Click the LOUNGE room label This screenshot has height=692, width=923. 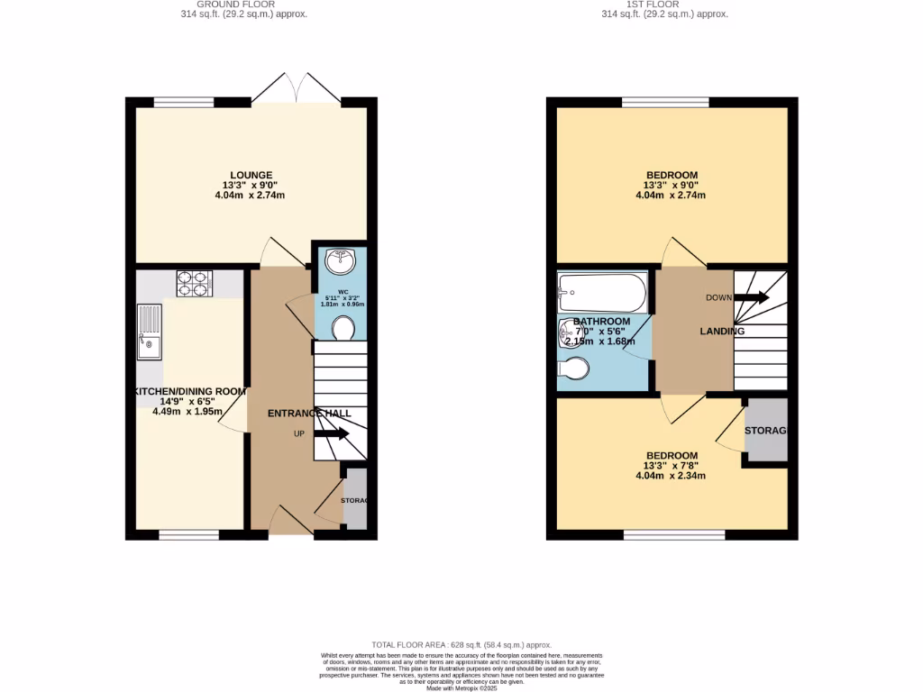pyautogui.click(x=251, y=175)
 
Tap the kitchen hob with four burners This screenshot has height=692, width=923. pyautogui.click(x=192, y=284)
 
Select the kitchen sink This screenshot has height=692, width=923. pyautogui.click(x=149, y=331)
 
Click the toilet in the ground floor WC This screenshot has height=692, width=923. pyautogui.click(x=343, y=329)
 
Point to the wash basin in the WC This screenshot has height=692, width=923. pyautogui.click(x=342, y=261)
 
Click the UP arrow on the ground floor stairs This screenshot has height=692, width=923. pyautogui.click(x=331, y=434)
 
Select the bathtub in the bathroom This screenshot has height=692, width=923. pyautogui.click(x=602, y=291)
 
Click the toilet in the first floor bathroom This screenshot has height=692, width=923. pyautogui.click(x=574, y=369)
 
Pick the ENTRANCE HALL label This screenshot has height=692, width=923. pyautogui.click(x=309, y=413)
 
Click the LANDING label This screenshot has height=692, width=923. pyautogui.click(x=722, y=332)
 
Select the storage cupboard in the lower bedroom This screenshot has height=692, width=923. pyautogui.click(x=765, y=431)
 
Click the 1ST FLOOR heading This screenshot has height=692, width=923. pyautogui.click(x=664, y=5)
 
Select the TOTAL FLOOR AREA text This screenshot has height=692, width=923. pyautogui.click(x=461, y=646)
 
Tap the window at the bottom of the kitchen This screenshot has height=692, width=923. pyautogui.click(x=189, y=535)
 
